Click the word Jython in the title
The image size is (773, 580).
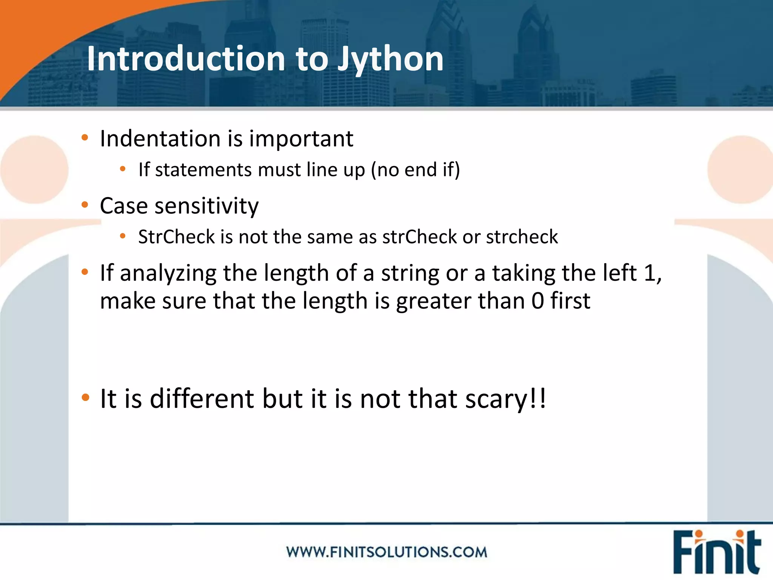(390, 60)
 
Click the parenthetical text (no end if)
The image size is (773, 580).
(416, 170)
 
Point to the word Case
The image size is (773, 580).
(124, 206)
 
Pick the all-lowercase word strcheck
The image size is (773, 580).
(522, 237)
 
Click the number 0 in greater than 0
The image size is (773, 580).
(537, 301)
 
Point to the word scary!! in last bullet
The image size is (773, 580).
(506, 400)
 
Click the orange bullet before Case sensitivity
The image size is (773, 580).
(85, 205)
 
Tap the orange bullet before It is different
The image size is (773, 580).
(85, 397)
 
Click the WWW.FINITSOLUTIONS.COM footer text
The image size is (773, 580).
(386, 552)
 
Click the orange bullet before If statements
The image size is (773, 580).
(122, 169)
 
